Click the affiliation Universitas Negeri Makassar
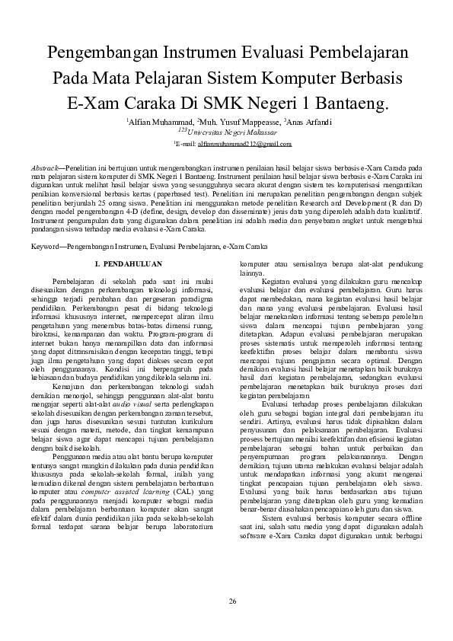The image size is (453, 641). click(228, 132)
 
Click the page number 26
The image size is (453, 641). click(232, 601)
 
